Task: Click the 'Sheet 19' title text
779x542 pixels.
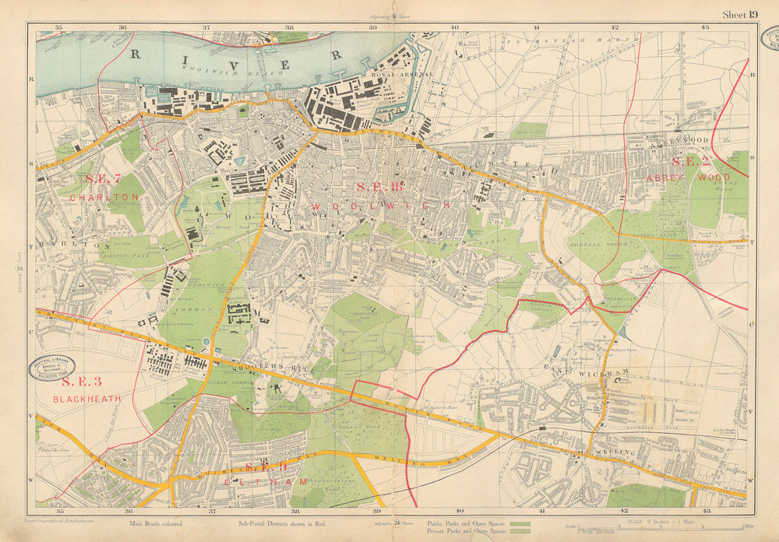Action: pyautogui.click(x=739, y=14)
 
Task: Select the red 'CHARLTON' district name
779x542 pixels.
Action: pyautogui.click(x=104, y=198)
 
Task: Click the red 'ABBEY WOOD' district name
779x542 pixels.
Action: pyautogui.click(x=687, y=178)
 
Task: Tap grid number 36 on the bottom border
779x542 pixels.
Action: pyautogui.click(x=128, y=511)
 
